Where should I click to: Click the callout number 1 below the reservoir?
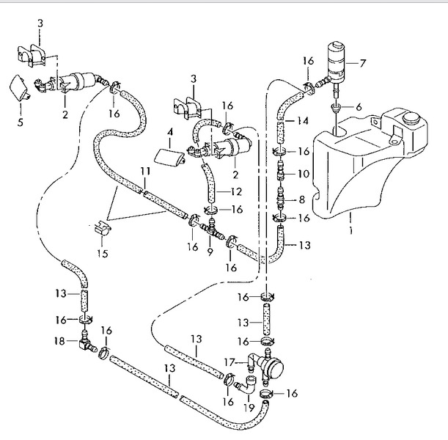pos(351,230)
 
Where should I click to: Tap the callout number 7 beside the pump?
pos(362,63)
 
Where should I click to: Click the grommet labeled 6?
pos(334,108)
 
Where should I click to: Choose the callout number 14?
pos(302,121)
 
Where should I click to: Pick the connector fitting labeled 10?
pos(281,171)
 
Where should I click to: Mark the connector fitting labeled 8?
pos(281,197)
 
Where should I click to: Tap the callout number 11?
pos(145,172)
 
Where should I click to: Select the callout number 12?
pos(236,191)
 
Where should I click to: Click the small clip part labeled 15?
pos(102,228)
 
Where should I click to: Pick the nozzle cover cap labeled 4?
pos(169,157)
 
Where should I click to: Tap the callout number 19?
pos(249,408)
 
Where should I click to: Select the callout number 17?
pos(229,362)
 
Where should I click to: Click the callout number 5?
pos(20,122)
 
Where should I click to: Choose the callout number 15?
pos(103,254)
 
